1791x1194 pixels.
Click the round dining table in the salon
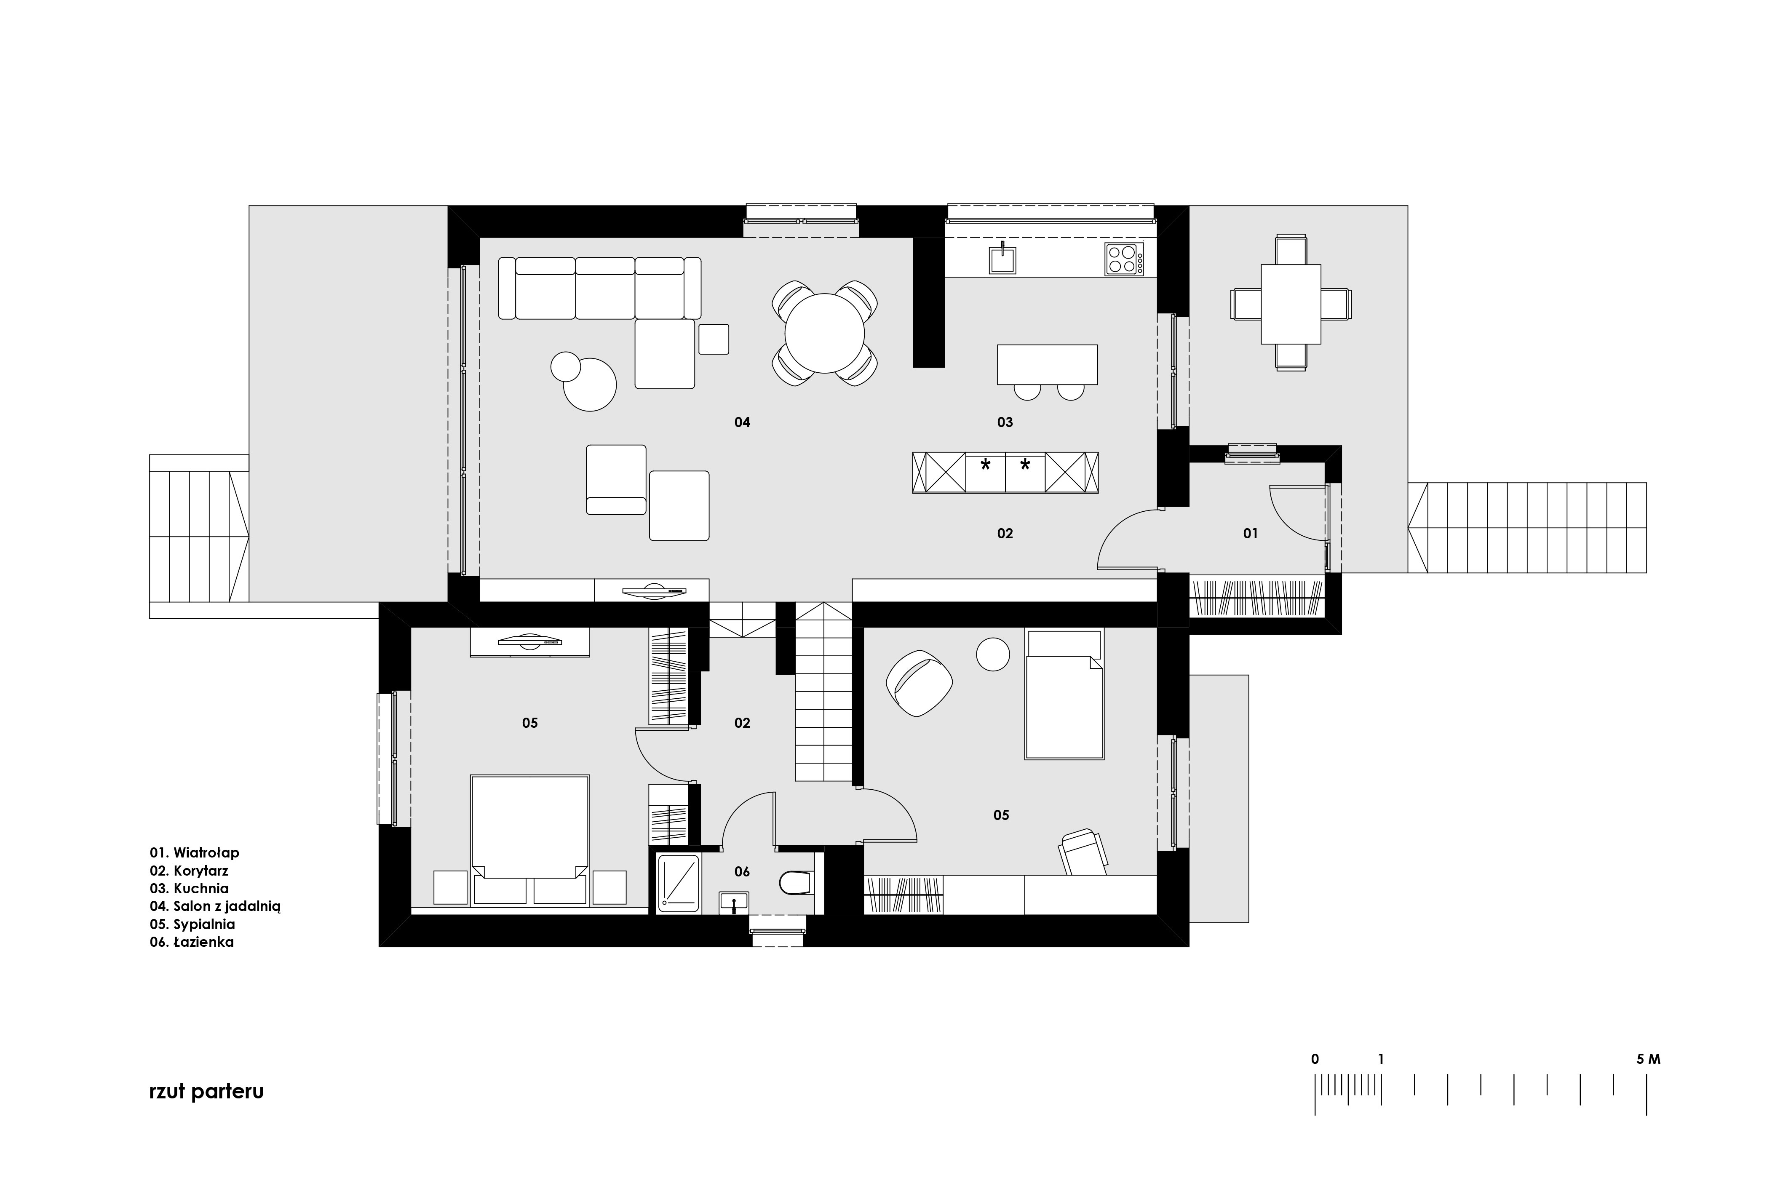[825, 333]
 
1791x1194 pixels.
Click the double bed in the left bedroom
[530, 840]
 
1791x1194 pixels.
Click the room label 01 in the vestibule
[1250, 534]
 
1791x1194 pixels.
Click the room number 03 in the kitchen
[1005, 422]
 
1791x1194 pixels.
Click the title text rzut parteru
[206, 1091]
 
